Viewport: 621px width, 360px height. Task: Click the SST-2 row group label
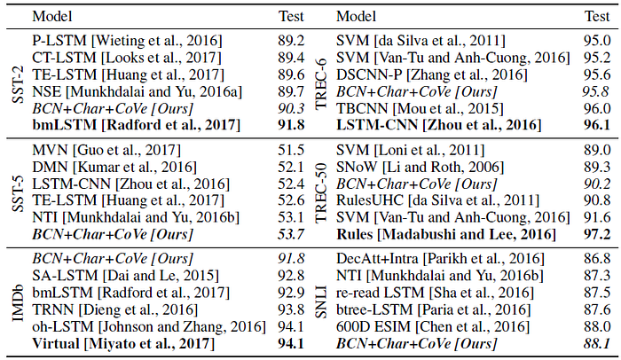(x=18, y=84)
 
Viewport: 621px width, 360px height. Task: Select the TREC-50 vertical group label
(x=321, y=192)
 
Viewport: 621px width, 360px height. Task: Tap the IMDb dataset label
(x=18, y=303)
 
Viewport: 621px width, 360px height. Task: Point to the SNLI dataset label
(x=321, y=301)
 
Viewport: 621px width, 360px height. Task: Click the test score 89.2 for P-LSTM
(x=291, y=41)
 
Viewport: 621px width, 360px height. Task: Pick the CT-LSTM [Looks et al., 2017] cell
(x=127, y=58)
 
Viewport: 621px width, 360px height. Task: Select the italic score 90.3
(x=291, y=108)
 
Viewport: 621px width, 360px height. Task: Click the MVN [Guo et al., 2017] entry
(x=106, y=150)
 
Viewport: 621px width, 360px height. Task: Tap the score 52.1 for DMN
(x=291, y=167)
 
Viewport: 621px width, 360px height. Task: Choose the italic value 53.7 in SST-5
(x=291, y=234)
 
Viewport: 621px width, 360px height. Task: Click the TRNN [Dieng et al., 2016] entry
(x=114, y=309)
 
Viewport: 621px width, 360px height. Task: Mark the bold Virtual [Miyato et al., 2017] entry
(x=123, y=343)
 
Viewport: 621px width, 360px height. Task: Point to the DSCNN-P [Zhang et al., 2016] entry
(x=432, y=74)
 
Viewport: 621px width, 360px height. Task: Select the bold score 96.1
(x=597, y=125)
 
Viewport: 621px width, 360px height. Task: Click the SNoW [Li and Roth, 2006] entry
(x=421, y=167)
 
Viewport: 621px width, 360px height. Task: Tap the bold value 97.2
(x=597, y=234)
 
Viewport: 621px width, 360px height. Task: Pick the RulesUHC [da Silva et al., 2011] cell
(x=438, y=200)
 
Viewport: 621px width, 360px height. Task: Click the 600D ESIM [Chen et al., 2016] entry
(x=433, y=326)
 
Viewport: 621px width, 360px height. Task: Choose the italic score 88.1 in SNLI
(x=597, y=343)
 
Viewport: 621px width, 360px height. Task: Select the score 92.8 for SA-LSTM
(x=291, y=275)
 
